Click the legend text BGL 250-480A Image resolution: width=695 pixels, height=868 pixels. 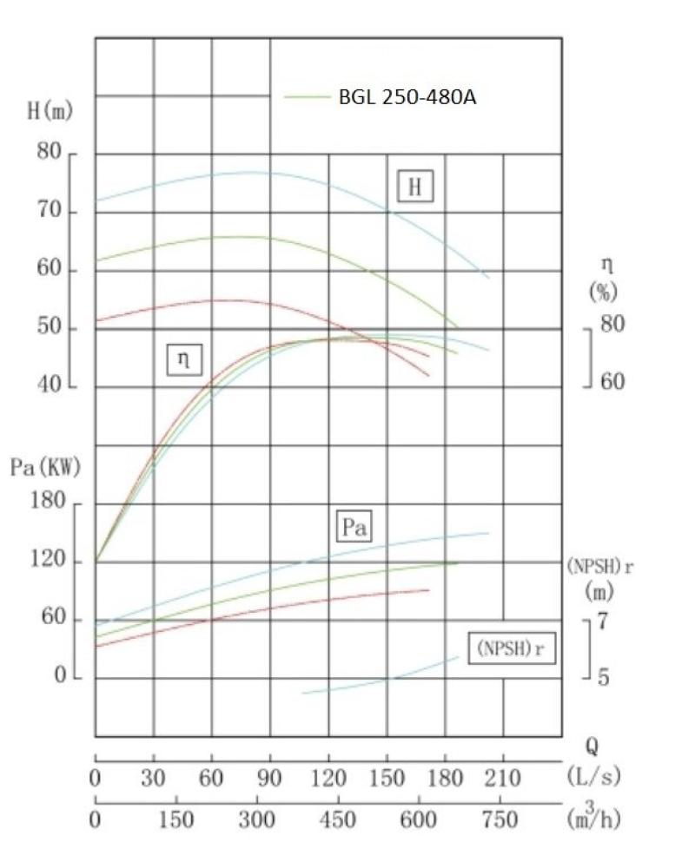407,97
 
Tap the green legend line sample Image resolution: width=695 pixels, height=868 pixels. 307,97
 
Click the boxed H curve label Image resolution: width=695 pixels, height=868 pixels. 415,187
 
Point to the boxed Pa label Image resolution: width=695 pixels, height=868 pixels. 354,527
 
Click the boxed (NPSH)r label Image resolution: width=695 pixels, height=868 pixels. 512,648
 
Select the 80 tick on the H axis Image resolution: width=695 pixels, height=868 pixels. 49,153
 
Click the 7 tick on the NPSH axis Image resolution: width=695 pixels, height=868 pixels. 603,621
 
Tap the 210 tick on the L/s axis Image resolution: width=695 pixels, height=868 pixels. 502,779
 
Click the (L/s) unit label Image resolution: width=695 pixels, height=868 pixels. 593,775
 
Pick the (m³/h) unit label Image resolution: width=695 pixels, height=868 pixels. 593,817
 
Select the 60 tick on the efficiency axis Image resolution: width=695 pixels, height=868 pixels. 612,382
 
